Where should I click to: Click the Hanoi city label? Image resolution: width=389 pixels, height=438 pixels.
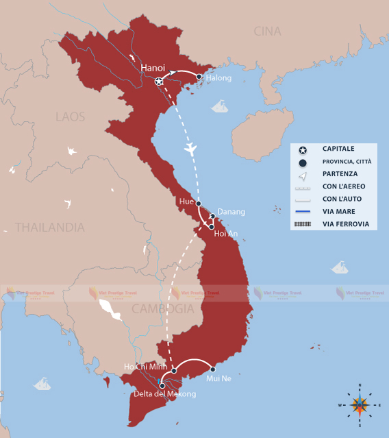(x=153, y=68)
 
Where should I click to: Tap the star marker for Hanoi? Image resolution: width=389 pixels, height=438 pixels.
(x=159, y=82)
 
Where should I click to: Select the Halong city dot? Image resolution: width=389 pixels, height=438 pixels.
(x=199, y=77)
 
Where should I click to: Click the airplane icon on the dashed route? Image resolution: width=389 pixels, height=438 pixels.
(x=190, y=148)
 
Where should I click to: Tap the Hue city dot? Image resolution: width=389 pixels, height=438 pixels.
(x=199, y=204)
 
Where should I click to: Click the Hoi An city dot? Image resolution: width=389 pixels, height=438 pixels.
(x=212, y=226)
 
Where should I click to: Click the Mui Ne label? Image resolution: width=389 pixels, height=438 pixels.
(x=218, y=378)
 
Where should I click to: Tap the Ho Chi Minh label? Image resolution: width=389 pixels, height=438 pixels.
(x=146, y=367)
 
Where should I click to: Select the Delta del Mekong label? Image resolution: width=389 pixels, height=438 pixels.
(x=164, y=394)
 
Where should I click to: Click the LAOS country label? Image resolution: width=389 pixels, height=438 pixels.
(x=71, y=117)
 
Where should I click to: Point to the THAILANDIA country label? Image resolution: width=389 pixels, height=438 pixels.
(x=50, y=227)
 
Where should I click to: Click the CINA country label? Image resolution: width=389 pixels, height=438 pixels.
(x=267, y=31)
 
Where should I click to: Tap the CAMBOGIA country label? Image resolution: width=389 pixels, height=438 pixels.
(x=163, y=308)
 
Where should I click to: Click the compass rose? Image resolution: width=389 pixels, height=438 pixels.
(x=360, y=404)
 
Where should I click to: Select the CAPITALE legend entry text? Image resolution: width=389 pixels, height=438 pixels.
(x=338, y=149)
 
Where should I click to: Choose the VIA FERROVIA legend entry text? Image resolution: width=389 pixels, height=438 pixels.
(x=345, y=224)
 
